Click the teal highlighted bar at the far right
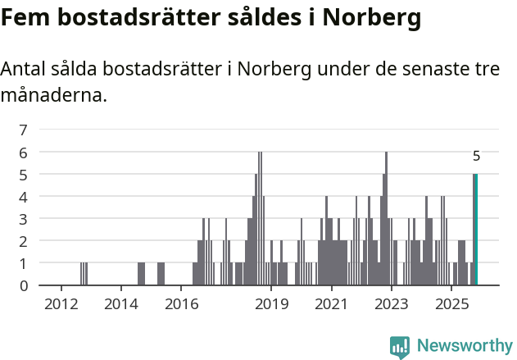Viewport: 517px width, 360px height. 475,230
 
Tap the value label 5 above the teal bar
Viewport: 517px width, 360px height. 476,156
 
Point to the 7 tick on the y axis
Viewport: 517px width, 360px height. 24,130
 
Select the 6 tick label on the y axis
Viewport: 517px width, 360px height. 24,153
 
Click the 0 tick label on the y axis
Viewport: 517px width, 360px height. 24,285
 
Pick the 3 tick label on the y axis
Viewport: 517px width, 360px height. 24,219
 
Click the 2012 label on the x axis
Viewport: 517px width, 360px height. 61,305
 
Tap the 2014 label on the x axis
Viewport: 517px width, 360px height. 121,305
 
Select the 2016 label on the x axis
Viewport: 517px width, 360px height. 182,305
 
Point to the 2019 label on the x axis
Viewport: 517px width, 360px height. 272,305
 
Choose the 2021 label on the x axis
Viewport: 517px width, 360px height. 332,305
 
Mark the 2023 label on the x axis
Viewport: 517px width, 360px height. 392,305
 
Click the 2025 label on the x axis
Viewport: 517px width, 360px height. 451,305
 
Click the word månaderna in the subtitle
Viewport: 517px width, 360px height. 54,95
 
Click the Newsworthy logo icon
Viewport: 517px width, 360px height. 400,346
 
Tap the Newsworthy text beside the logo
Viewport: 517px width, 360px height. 464,346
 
